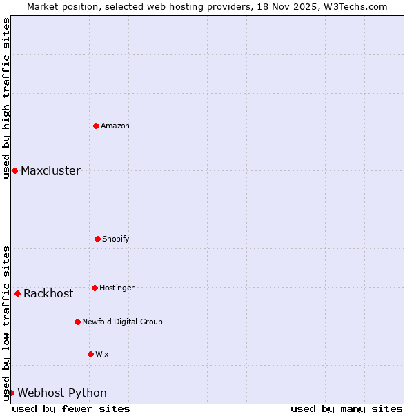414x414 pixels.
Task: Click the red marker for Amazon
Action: click(96, 126)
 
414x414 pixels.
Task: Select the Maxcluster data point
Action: click(14, 170)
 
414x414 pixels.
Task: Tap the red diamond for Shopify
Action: click(97, 239)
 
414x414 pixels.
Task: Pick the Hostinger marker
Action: click(95, 288)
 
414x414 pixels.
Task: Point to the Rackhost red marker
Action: click(17, 293)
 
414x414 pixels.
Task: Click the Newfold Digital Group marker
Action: click(77, 322)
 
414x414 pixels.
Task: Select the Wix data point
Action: click(90, 354)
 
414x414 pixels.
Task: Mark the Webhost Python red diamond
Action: click(11, 393)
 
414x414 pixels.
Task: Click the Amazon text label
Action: click(115, 126)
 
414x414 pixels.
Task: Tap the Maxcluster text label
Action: click(50, 170)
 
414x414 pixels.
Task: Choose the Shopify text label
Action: click(116, 239)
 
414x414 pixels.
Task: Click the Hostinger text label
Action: click(117, 288)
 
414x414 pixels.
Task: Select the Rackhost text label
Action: click(48, 293)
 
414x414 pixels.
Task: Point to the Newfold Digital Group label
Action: click(122, 322)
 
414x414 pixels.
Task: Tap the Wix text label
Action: click(102, 354)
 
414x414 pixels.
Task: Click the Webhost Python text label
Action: click(62, 393)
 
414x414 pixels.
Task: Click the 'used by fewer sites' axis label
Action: click(71, 408)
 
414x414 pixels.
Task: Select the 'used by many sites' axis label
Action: click(346, 408)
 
